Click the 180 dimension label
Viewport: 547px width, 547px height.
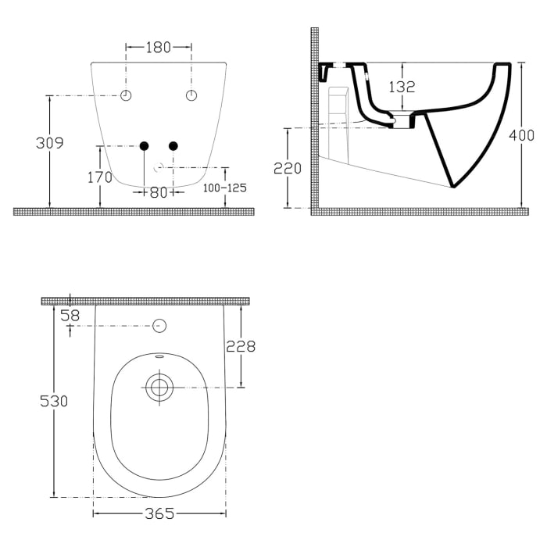159,48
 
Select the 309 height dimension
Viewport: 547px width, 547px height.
49,143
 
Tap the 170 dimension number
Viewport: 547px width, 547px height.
99,177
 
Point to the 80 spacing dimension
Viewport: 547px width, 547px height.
159,192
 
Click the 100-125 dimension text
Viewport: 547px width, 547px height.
225,189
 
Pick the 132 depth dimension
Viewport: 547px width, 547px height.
402,88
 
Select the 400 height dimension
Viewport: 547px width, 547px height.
521,135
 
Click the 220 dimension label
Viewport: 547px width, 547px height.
288,167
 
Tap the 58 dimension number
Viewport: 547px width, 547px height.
70,315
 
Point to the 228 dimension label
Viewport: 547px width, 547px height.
241,346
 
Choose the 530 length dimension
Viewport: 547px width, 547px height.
54,401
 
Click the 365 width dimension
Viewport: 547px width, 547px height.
159,513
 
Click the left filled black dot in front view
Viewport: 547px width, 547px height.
144,145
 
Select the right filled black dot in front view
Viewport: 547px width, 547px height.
173,145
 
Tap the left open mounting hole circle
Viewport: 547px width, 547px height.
127,95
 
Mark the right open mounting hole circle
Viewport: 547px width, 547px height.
192,95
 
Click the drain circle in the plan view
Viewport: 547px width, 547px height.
159,385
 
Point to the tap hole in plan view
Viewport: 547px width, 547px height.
160,326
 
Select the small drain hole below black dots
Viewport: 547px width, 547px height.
159,166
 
